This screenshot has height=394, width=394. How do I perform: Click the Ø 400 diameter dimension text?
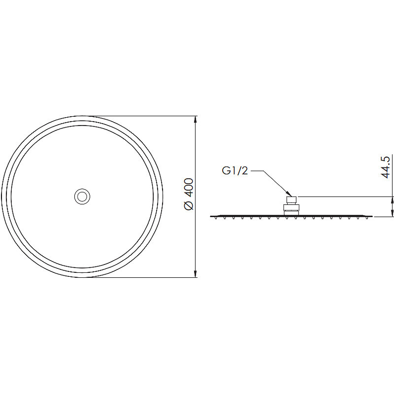click(189, 194)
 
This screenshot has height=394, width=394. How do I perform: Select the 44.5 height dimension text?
click(385, 167)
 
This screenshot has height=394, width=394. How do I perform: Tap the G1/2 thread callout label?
click(235, 171)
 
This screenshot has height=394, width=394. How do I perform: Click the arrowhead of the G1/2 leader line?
click(289, 194)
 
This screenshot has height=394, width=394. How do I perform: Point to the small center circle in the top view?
click(82, 197)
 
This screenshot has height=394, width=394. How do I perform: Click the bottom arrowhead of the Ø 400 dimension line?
click(195, 274)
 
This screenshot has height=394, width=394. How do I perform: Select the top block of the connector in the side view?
click(292, 200)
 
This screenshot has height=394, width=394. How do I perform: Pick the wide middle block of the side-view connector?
click(292, 207)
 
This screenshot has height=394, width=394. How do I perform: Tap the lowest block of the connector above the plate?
click(292, 213)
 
